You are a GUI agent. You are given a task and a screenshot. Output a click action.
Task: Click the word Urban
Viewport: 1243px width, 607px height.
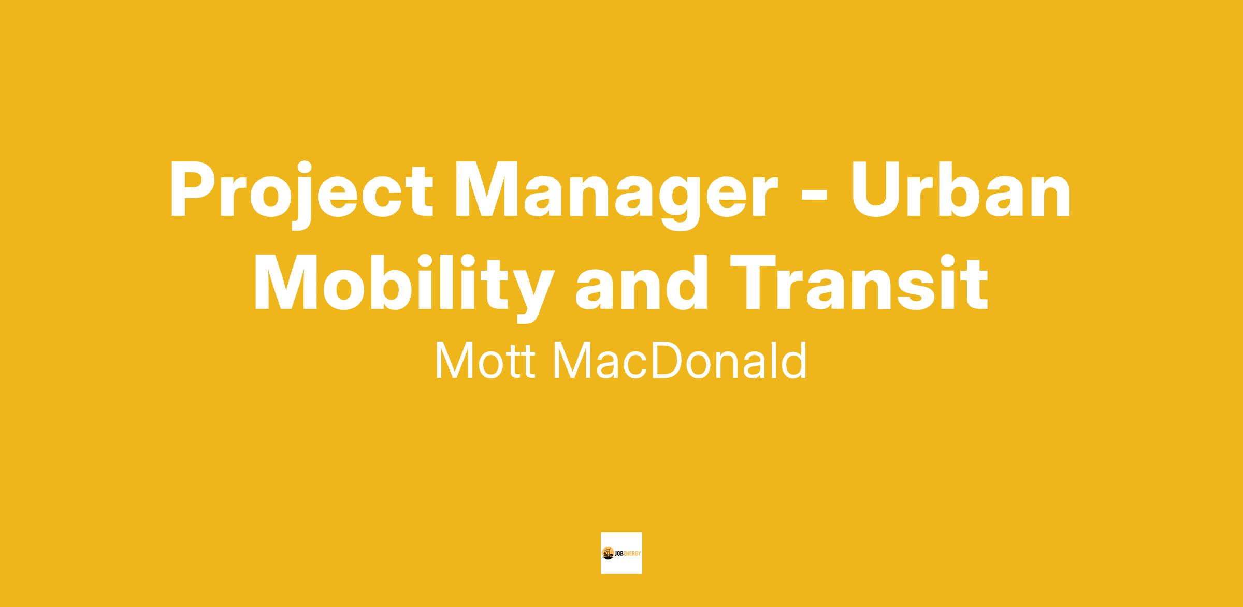961,188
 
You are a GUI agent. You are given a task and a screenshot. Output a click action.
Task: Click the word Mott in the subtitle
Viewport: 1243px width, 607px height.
486,360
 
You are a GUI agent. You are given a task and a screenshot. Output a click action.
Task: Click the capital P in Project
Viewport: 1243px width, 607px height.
191,188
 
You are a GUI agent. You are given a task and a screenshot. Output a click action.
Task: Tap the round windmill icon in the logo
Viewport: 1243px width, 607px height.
608,553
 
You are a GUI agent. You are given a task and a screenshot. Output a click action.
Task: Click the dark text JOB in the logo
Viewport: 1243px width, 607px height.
619,554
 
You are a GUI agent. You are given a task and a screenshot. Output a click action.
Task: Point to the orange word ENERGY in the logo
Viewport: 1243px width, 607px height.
633,554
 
